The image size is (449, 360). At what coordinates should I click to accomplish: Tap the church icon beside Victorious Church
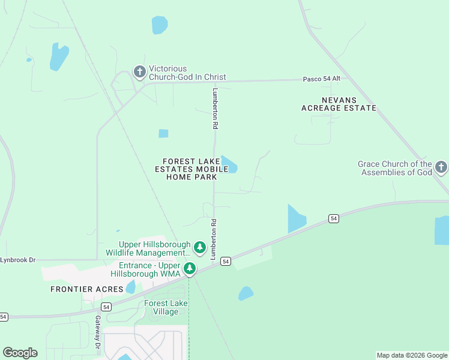[139, 73]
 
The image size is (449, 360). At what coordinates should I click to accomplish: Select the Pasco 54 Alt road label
[322, 79]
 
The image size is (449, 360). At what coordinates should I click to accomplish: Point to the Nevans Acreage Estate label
[339, 104]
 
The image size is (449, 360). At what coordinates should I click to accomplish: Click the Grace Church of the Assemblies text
[395, 168]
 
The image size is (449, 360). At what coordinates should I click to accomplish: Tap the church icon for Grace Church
[441, 167]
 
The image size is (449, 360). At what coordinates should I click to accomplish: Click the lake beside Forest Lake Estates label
[229, 164]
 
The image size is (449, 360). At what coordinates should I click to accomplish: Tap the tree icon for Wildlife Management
[200, 247]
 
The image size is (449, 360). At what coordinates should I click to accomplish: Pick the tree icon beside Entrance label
[190, 268]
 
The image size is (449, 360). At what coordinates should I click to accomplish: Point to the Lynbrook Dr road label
[18, 260]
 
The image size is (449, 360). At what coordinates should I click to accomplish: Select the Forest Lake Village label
[166, 307]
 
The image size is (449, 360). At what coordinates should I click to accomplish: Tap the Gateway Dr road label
[97, 332]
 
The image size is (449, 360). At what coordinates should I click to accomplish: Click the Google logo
[20, 353]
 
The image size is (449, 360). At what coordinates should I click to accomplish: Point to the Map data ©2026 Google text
[412, 355]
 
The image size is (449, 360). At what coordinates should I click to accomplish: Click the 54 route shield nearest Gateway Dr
[106, 307]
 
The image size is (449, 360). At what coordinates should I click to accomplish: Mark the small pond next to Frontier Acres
[130, 287]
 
